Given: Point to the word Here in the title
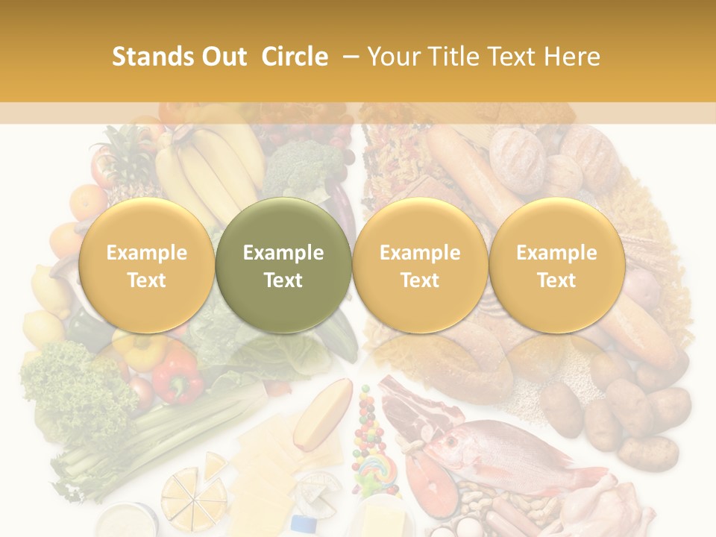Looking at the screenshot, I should pyautogui.click(x=571, y=57).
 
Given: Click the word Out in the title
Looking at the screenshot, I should pyautogui.click(x=222, y=57).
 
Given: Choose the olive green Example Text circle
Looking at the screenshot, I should pyautogui.click(x=283, y=266).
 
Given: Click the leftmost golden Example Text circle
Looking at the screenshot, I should pyautogui.click(x=147, y=266).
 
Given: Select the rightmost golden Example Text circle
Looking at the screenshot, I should pyautogui.click(x=557, y=266).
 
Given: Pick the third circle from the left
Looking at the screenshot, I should pyautogui.click(x=420, y=266).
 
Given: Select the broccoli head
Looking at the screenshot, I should pyautogui.click(x=301, y=168).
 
